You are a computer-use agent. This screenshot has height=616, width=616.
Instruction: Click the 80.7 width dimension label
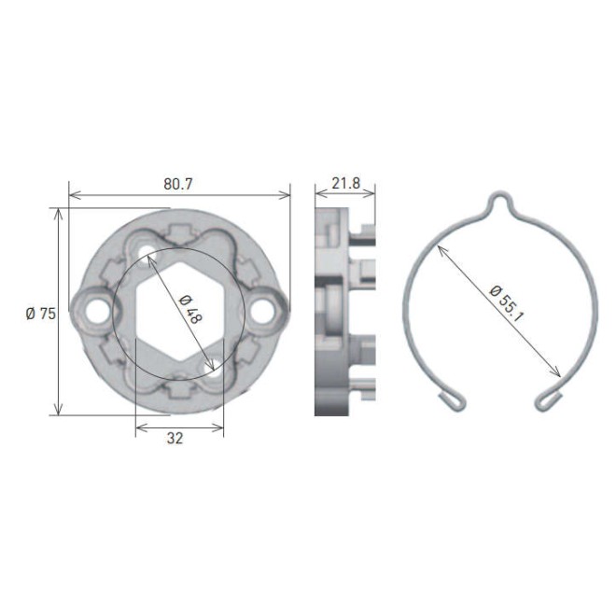coord(178,184)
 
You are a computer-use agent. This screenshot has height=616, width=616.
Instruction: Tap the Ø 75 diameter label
coord(41,314)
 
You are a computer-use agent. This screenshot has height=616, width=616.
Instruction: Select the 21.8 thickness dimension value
coord(345,183)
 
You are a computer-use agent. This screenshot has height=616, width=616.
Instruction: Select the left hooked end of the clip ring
coord(452,399)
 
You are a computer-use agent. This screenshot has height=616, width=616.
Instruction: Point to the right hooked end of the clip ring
coord(550,399)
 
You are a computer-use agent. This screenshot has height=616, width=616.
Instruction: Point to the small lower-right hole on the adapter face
coord(217,365)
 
